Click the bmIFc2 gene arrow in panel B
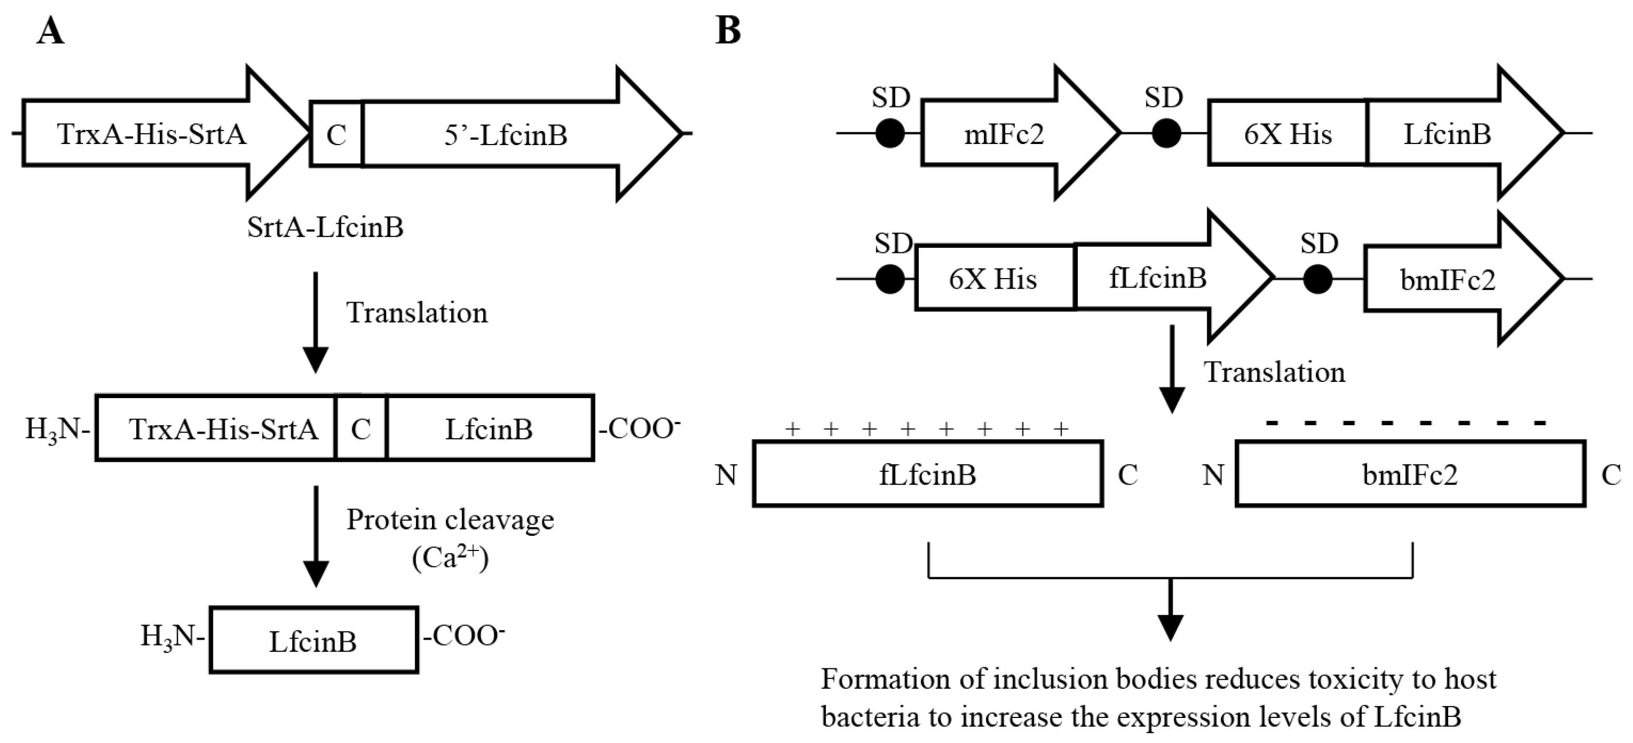click(x=1448, y=280)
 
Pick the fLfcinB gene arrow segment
click(x=1159, y=279)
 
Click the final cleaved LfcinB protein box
click(x=314, y=640)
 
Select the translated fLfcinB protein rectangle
click(x=928, y=474)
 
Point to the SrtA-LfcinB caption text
click(x=325, y=227)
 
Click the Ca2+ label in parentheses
click(x=450, y=558)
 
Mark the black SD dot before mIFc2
click(x=890, y=134)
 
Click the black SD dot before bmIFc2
click(x=1318, y=279)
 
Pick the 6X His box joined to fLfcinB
click(x=994, y=279)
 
